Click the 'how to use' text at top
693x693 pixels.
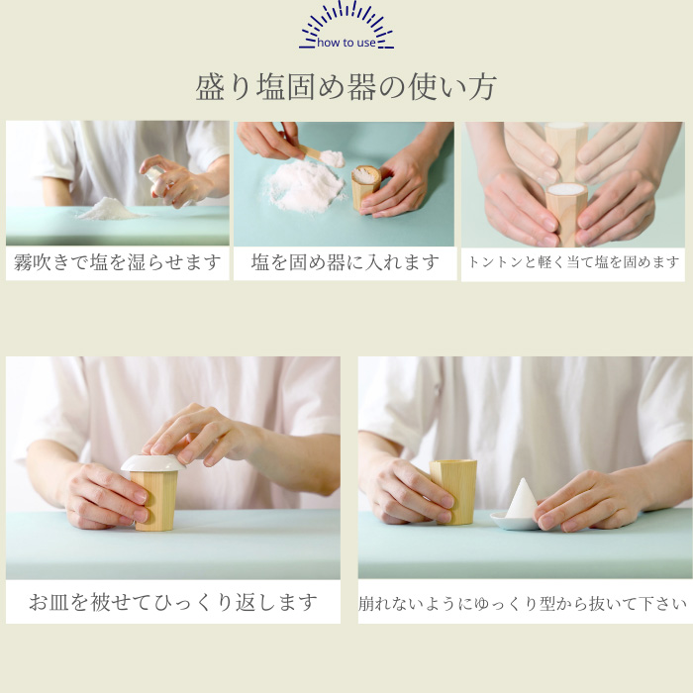pyautogui.click(x=346, y=43)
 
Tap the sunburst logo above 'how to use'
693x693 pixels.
pyautogui.click(x=346, y=20)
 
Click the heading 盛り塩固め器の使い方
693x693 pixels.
pyautogui.click(x=346, y=87)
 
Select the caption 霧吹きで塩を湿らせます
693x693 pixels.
pyautogui.click(x=117, y=263)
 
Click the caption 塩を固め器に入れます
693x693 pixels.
pyautogui.click(x=345, y=263)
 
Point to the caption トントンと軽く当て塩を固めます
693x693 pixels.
pyautogui.click(x=573, y=263)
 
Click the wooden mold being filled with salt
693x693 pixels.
pyautogui.click(x=365, y=187)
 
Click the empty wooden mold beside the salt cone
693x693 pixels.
pyautogui.click(x=454, y=490)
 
